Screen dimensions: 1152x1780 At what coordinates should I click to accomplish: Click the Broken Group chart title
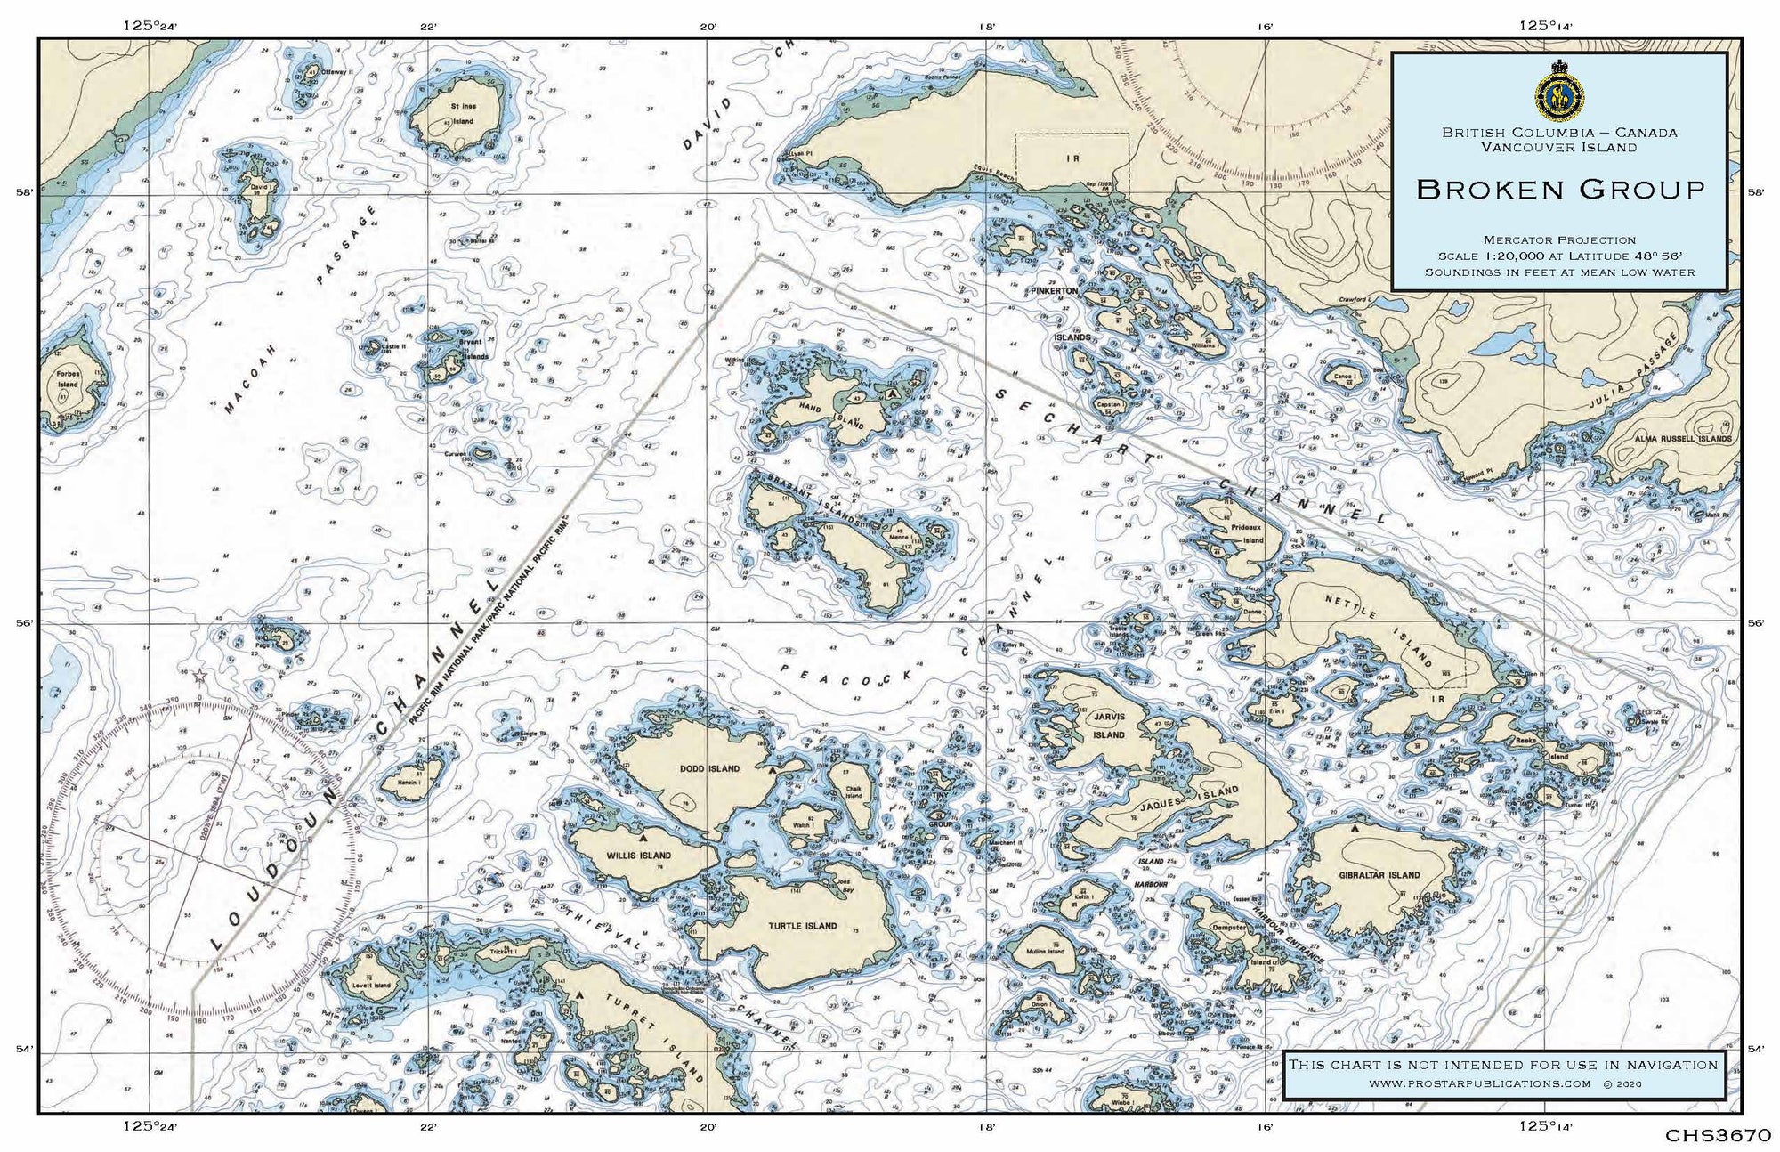1560,189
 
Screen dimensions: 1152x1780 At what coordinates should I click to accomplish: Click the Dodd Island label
709,768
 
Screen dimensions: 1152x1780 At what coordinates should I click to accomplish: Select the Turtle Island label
802,926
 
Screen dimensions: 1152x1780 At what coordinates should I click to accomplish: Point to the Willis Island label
639,856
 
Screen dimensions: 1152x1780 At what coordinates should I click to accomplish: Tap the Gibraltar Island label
1379,874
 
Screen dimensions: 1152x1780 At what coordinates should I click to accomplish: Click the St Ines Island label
463,113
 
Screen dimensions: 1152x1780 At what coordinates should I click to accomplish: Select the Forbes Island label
69,379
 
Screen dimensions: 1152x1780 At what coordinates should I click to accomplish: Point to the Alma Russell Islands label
1682,439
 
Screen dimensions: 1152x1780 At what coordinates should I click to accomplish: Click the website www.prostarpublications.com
1479,1083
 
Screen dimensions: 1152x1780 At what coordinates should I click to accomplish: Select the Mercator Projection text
1559,239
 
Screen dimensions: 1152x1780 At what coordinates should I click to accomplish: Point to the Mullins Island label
1045,951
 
